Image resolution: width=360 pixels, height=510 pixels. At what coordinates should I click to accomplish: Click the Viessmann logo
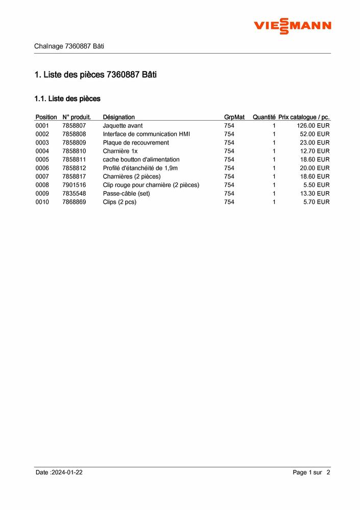pyautogui.click(x=293, y=25)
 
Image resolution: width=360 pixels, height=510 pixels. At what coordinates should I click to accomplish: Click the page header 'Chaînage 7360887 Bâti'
pyautogui.click(x=69, y=46)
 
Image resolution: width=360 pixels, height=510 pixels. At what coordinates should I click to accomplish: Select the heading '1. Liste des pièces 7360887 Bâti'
pyautogui.click(x=95, y=75)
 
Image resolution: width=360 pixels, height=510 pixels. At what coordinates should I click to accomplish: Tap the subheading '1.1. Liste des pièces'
pyautogui.click(x=67, y=98)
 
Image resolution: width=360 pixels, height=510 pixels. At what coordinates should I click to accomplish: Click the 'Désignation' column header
pyautogui.click(x=118, y=117)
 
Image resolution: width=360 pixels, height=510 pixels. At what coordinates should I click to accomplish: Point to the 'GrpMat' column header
pyautogui.click(x=234, y=117)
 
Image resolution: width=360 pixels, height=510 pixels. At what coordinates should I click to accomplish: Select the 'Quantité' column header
pyautogui.click(x=264, y=117)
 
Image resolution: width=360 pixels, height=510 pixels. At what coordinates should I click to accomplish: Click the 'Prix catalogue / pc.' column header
pyautogui.click(x=304, y=117)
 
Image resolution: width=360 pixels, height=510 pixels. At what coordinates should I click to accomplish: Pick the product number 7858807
pyautogui.click(x=74, y=126)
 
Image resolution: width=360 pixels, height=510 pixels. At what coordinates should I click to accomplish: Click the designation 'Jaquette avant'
pyautogui.click(x=123, y=126)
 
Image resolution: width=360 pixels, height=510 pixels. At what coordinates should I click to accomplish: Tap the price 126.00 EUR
pyautogui.click(x=313, y=126)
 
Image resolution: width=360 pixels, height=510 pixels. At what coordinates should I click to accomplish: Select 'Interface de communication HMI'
pyautogui.click(x=146, y=134)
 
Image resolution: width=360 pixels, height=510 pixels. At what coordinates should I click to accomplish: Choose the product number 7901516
pyautogui.click(x=74, y=185)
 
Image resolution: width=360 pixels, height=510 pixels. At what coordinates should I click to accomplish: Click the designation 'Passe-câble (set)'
pyautogui.click(x=126, y=194)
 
